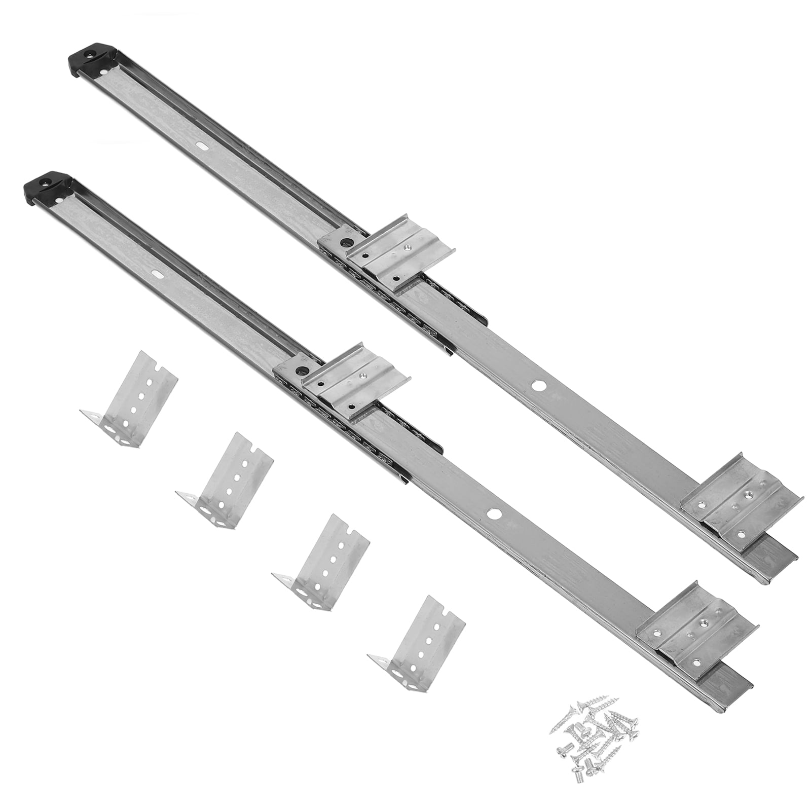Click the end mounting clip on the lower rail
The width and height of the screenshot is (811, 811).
[x=695, y=628]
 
